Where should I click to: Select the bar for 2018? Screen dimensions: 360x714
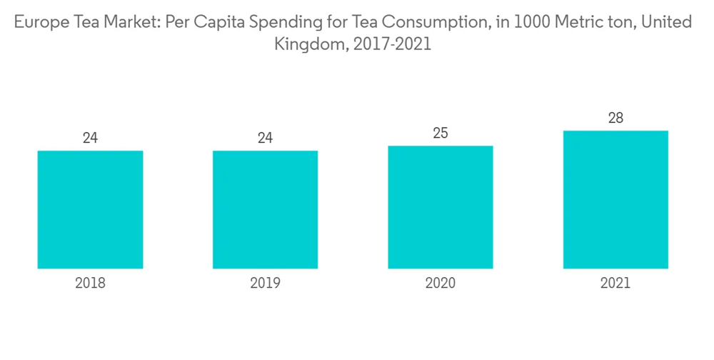(x=90, y=209)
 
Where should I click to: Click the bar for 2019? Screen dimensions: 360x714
(x=265, y=209)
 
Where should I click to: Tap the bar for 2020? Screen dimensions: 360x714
(x=440, y=207)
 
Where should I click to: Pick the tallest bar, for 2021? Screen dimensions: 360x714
(x=615, y=199)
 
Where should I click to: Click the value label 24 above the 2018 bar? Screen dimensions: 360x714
(x=90, y=138)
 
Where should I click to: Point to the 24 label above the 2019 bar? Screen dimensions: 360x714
(x=265, y=138)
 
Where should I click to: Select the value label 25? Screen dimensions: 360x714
(x=440, y=133)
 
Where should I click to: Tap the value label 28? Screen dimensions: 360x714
(x=615, y=118)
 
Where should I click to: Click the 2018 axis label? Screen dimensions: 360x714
(x=90, y=283)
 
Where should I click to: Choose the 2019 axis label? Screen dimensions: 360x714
(x=265, y=283)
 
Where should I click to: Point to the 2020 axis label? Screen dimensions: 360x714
(x=440, y=283)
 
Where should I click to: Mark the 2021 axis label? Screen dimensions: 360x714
(x=615, y=283)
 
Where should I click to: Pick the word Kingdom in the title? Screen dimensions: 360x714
(x=308, y=44)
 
